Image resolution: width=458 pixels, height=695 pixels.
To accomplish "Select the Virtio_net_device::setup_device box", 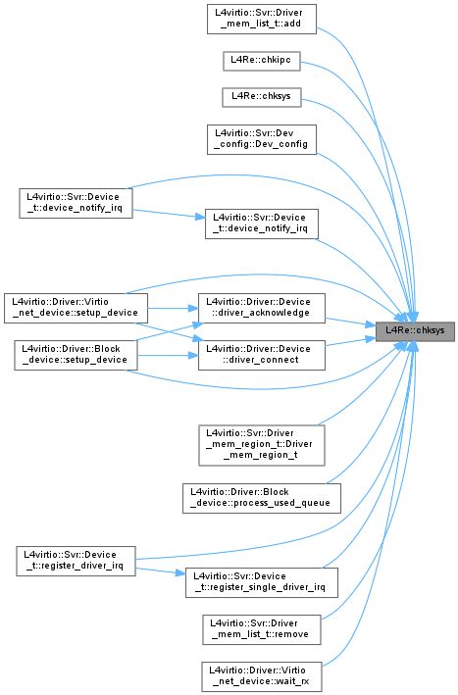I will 76,305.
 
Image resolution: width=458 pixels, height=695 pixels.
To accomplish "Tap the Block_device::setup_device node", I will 76,354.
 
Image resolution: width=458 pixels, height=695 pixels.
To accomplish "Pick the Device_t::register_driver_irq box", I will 76,561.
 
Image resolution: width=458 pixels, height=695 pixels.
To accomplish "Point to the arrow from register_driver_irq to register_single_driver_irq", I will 162,571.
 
